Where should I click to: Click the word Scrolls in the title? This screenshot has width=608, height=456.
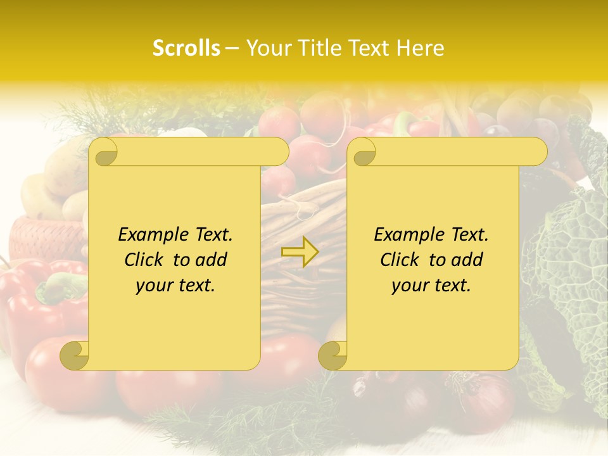(186, 48)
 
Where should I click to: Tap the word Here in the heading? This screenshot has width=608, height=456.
(421, 48)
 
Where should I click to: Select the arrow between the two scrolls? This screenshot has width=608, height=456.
(300, 252)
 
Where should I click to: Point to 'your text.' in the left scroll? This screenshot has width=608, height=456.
(175, 285)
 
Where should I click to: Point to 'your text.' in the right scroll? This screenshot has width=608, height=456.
(431, 285)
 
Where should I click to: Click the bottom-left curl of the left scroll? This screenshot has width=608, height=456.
(75, 355)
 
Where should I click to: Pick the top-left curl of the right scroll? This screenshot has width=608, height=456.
(362, 151)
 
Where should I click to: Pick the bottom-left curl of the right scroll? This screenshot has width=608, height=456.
(333, 355)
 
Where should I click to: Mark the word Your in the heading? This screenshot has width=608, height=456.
(269, 48)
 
